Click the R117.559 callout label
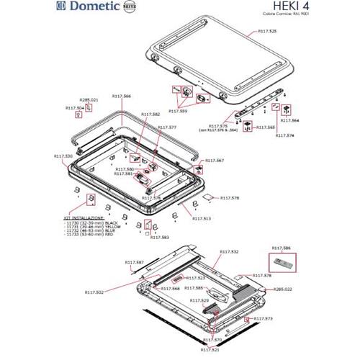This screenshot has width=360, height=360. (178, 112)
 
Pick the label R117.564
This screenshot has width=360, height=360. (289, 121)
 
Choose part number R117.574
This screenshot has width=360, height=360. (286, 135)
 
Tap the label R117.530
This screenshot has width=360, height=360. (63, 156)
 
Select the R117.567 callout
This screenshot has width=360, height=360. (215, 161)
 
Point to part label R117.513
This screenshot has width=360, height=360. (201, 217)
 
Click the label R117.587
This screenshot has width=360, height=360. (135, 262)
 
